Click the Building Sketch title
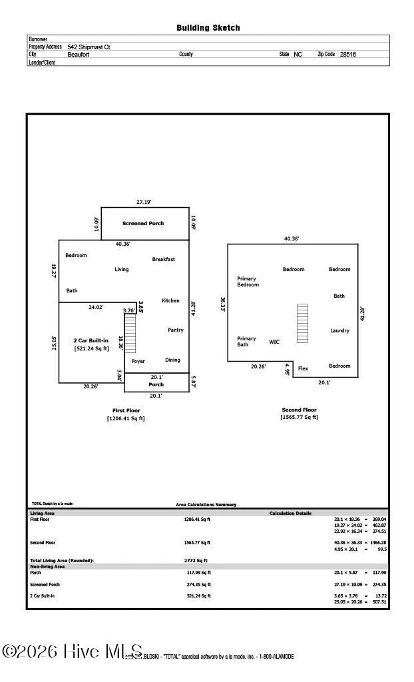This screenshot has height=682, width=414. (x=208, y=28)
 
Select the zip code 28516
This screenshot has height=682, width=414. (x=347, y=55)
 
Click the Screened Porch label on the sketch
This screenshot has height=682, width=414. (x=142, y=223)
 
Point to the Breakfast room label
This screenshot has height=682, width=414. (x=163, y=259)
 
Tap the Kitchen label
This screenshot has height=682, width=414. (x=170, y=300)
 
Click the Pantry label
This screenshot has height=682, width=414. (x=175, y=330)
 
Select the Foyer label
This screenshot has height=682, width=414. (x=138, y=361)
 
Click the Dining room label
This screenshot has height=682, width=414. (x=172, y=360)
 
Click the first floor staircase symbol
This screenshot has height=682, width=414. (x=130, y=334)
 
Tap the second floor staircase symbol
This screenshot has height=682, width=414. (x=302, y=323)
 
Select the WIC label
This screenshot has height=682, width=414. (x=274, y=342)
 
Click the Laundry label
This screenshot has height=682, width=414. (x=339, y=330)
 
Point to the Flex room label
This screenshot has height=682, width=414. (x=303, y=368)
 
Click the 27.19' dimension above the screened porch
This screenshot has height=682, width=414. (x=144, y=202)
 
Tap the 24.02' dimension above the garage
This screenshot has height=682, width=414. (x=96, y=308)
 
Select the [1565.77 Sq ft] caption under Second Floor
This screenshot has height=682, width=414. (x=299, y=418)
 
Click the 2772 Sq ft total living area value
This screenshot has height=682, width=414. (x=196, y=561)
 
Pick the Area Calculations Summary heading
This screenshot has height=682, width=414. (x=206, y=505)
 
